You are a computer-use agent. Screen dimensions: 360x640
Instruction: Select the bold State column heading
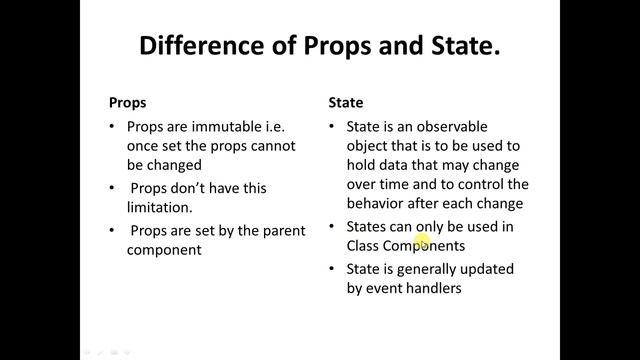[x=346, y=102]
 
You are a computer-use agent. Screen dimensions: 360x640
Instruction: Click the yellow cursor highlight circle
[x=421, y=241]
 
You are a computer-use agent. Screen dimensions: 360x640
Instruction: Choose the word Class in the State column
[x=366, y=245]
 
